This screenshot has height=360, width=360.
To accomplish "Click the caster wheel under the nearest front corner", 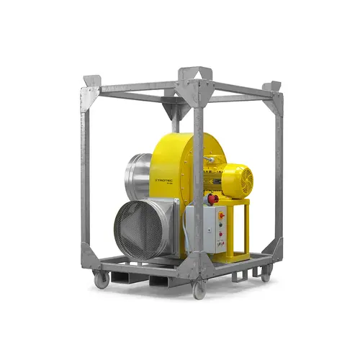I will pyautogui.click(x=198, y=289).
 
